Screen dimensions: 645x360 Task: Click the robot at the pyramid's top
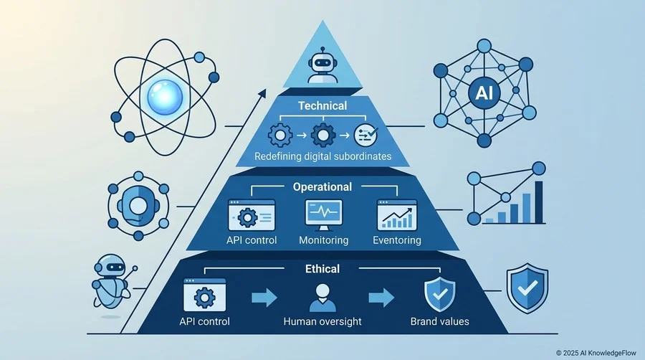point(322,65)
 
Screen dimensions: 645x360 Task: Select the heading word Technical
point(322,106)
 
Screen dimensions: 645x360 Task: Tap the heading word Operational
point(322,187)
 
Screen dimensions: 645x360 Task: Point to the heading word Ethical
point(322,269)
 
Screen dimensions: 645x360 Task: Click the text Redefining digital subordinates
point(323,156)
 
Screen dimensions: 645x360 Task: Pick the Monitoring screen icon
point(324,214)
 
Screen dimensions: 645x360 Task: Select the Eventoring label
point(397,240)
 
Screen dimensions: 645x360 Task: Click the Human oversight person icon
point(322,298)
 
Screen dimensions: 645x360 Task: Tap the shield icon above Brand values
point(440,295)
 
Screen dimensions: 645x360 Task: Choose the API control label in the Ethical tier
point(204,321)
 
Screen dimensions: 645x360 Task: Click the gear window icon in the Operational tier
point(252,215)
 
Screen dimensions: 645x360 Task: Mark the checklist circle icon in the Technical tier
point(365,135)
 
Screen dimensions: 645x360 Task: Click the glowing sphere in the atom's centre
point(165,97)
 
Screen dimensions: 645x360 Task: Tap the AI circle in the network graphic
point(484,93)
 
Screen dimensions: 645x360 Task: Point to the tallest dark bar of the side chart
point(538,202)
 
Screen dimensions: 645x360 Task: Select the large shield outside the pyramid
point(527,288)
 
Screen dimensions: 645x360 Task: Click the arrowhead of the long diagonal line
point(263,93)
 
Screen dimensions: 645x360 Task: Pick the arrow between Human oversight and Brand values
point(381,298)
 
